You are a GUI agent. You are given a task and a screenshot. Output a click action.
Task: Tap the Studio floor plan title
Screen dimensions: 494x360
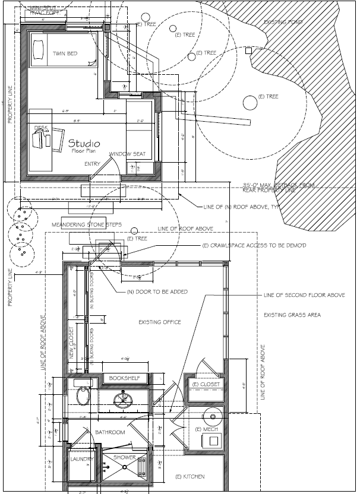84,144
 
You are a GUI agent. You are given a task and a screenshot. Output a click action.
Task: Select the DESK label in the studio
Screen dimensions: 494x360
40,127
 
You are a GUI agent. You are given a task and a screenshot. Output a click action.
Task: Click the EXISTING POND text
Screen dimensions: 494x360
283,22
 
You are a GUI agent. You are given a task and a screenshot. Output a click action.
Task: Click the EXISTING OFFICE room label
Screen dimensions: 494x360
159,322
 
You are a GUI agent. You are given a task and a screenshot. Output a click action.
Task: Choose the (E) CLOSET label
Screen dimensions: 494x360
206,384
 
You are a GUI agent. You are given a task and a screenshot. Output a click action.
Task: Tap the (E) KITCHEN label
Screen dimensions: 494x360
190,477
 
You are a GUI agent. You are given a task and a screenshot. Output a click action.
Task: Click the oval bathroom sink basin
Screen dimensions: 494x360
84,396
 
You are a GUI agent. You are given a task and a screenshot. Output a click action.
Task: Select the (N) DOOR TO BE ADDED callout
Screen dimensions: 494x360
157,292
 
